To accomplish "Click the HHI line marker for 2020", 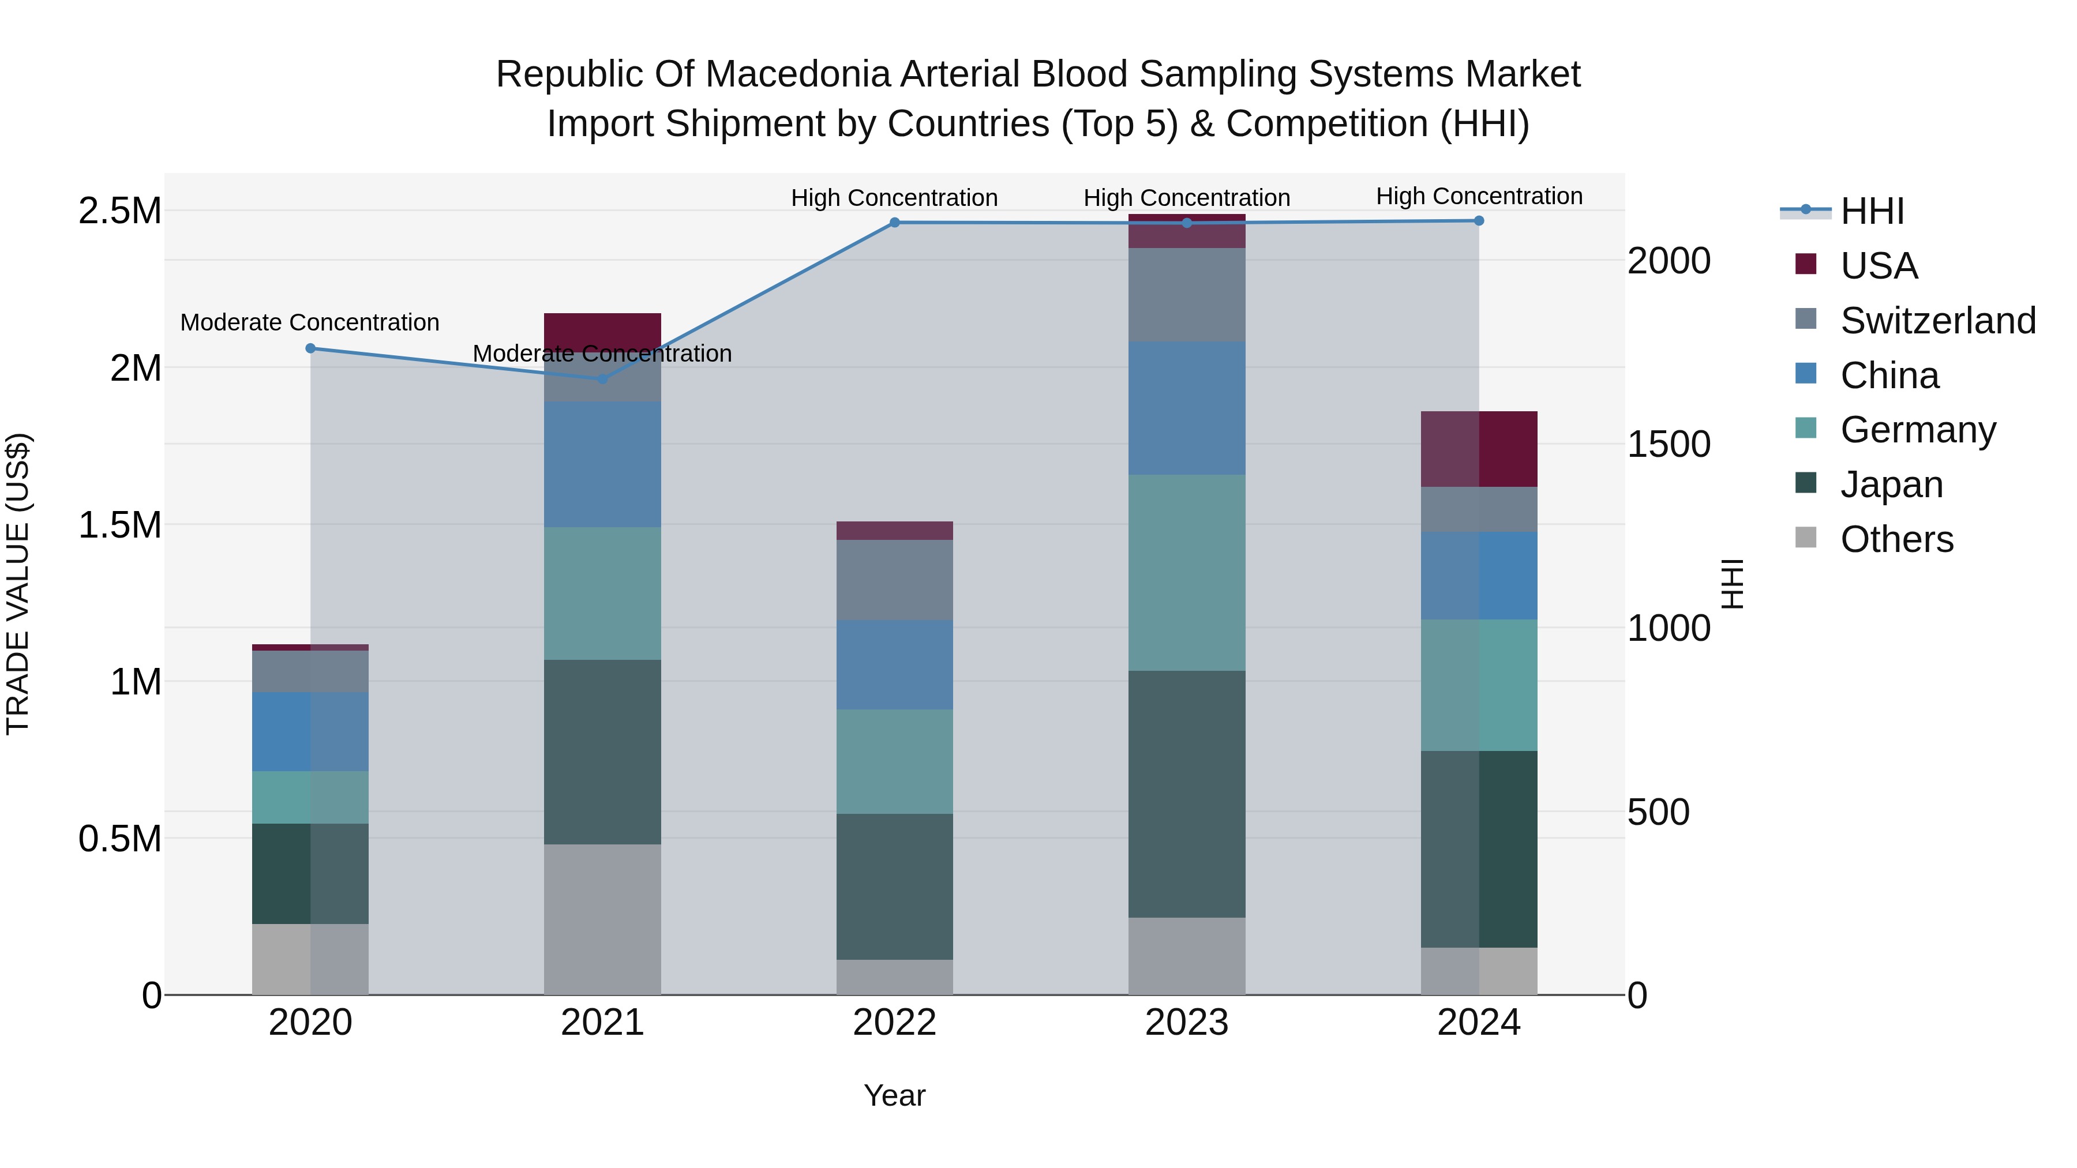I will [310, 348].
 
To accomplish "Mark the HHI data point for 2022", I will [894, 223].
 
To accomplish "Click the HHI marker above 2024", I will [1479, 221].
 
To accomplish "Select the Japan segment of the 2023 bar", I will [1186, 794].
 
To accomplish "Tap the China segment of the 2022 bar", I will [894, 665].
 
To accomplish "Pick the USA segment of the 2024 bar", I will [1479, 449].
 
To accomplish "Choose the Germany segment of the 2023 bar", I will [1186, 572].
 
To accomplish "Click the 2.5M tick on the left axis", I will [119, 211].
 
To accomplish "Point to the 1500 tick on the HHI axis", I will [1668, 444].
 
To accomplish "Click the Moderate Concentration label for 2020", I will [310, 322].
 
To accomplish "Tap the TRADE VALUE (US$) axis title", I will [18, 584].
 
